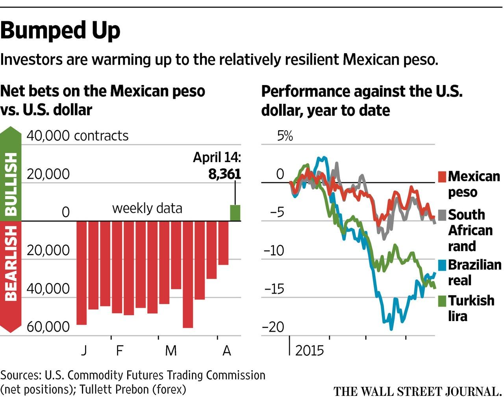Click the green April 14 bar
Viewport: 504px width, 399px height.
[x=235, y=213]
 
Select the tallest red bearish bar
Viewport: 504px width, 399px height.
[x=188, y=274]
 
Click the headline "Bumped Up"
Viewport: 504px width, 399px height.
[x=60, y=30]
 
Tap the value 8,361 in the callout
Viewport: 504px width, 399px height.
[x=224, y=174]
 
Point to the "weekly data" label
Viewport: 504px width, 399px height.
[x=147, y=208]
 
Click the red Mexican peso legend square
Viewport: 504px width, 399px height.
[x=442, y=176]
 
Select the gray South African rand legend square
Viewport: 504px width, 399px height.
[x=442, y=215]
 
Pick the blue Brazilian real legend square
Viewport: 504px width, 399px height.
[x=442, y=265]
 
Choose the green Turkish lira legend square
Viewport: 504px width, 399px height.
[x=442, y=301]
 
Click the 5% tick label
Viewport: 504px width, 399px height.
[x=285, y=136]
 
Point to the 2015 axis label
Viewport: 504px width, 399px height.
[x=309, y=350]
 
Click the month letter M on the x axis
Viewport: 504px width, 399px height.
[x=170, y=350]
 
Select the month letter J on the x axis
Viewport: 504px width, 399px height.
[x=84, y=350]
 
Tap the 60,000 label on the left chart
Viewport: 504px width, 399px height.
[x=48, y=327]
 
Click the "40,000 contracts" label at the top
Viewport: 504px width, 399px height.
[x=78, y=136]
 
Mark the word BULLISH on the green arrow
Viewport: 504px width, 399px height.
[x=11, y=183]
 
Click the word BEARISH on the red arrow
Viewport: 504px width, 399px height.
[x=11, y=263]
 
